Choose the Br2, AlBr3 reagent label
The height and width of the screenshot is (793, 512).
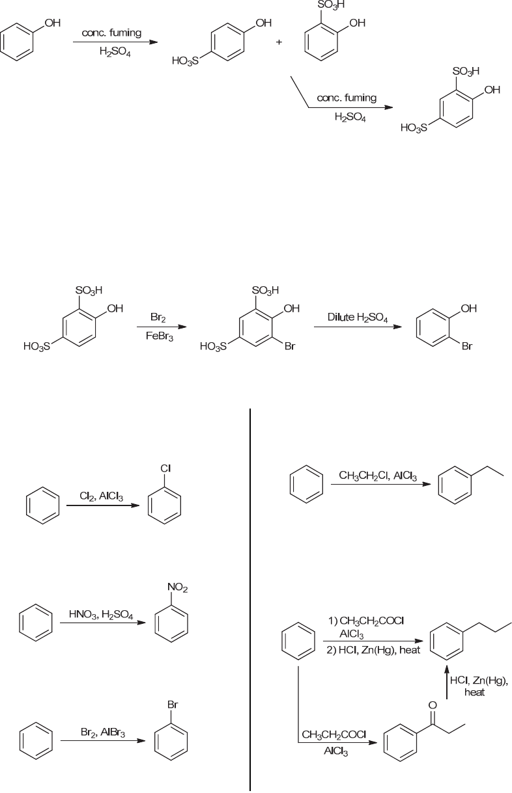pyautogui.click(x=103, y=732)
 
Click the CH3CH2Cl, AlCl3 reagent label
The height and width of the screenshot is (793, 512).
pyautogui.click(x=378, y=476)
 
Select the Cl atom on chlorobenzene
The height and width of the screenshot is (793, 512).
pyautogui.click(x=165, y=468)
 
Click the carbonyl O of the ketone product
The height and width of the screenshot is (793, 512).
pyautogui.click(x=433, y=704)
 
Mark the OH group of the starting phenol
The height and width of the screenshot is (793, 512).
pyautogui.click(x=52, y=23)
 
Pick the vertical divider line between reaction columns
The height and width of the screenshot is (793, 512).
pyautogui.click(x=250, y=598)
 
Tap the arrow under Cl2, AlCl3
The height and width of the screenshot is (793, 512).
pyautogui.click(x=103, y=505)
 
